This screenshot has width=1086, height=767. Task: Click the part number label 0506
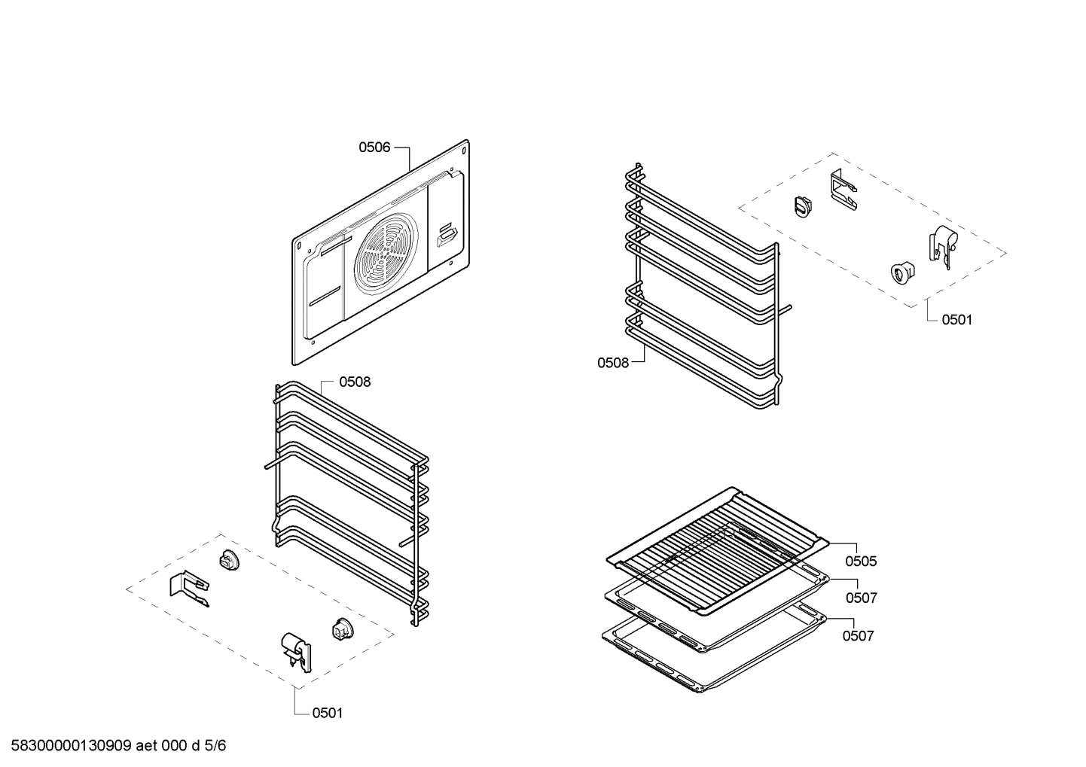point(374,148)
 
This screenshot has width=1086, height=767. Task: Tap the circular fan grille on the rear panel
point(386,248)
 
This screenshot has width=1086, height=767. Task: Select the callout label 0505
point(861,562)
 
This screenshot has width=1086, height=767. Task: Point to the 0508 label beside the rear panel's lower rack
point(355,382)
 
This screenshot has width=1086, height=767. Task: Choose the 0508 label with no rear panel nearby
point(613,363)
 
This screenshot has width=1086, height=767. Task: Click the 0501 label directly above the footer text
point(328,714)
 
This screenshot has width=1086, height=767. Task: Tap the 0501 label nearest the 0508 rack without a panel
point(957,320)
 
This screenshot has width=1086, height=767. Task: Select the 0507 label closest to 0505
point(862,598)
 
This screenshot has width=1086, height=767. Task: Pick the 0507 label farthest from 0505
point(858,636)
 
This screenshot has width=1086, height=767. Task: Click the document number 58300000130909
point(71,746)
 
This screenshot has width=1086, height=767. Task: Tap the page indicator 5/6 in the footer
point(215,746)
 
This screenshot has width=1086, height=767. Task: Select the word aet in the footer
point(146,746)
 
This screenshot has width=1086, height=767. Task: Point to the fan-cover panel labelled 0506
point(380,252)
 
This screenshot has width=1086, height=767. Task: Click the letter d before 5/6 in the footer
point(196,746)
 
